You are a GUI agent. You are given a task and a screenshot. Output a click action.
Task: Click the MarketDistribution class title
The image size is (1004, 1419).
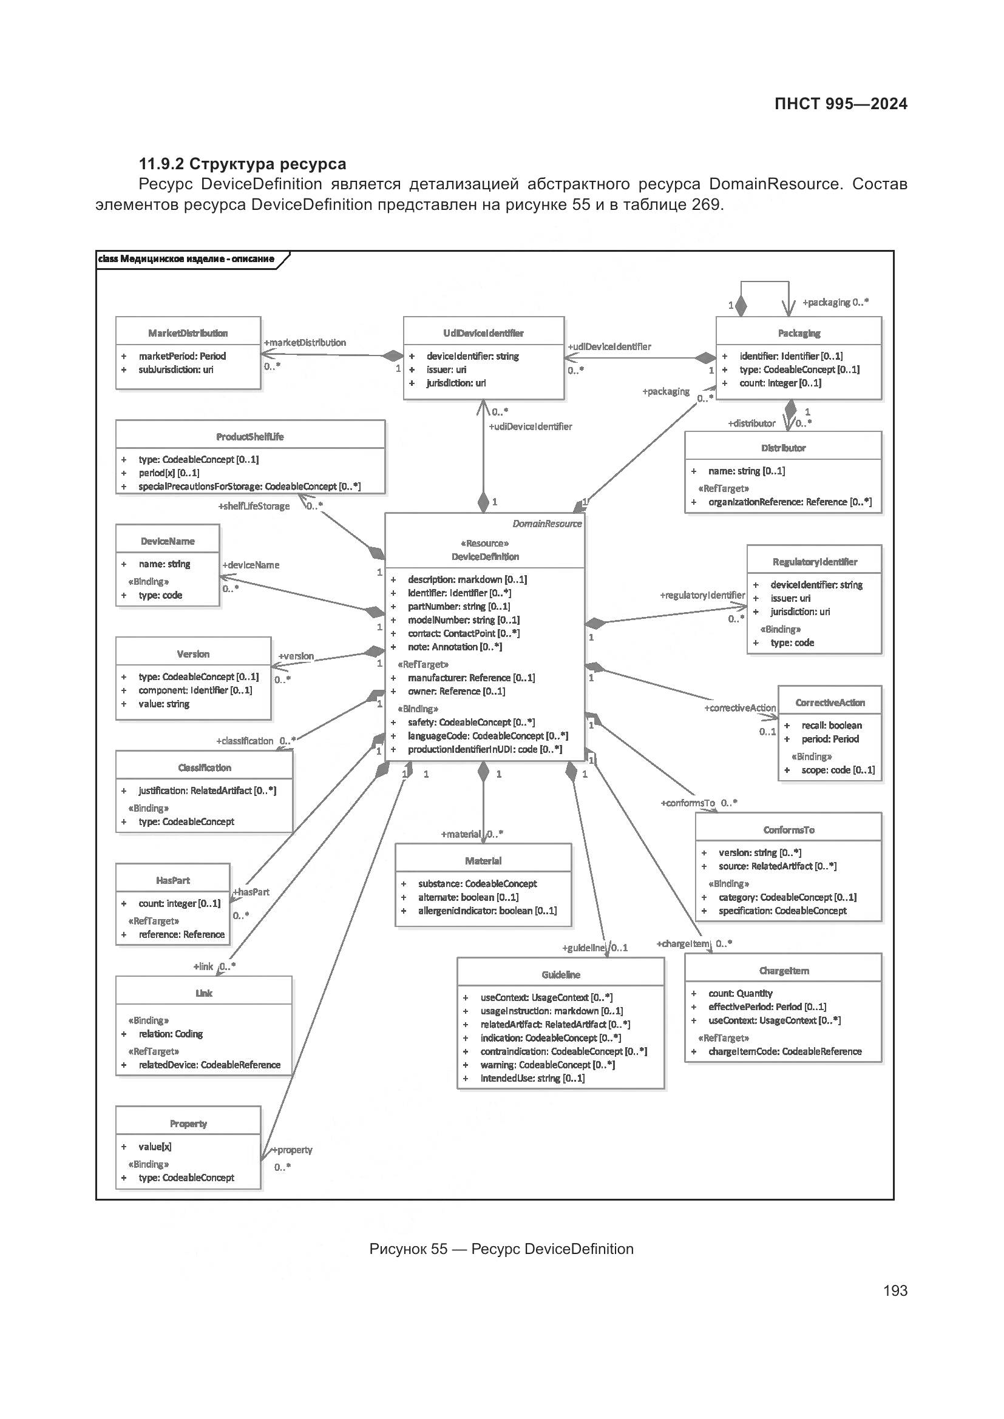188,333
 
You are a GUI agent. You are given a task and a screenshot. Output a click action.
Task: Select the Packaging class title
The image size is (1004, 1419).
799,333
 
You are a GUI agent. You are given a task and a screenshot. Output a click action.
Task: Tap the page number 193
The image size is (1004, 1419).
895,1290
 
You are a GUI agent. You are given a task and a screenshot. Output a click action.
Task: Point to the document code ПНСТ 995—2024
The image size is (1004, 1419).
840,104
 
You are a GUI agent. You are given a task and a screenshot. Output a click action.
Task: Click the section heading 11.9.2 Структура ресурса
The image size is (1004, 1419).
242,164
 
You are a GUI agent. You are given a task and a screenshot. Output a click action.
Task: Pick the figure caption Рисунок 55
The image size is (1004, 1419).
501,1249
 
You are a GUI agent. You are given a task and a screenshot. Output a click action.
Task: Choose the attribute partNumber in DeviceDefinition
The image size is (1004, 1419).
459,606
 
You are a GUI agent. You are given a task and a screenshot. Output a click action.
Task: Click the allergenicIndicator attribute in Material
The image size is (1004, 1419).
487,911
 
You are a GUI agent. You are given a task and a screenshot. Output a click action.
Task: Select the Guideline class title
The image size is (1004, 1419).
561,975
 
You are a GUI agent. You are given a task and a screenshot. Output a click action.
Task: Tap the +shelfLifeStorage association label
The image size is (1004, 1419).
254,506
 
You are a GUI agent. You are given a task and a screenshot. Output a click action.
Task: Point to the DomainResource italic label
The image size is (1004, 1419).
547,524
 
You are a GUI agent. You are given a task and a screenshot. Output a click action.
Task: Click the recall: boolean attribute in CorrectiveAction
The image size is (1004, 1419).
832,725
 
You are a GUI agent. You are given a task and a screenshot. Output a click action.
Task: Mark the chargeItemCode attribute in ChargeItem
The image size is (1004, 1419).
784,1051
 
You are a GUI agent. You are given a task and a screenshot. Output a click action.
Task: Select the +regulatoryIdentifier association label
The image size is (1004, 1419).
702,595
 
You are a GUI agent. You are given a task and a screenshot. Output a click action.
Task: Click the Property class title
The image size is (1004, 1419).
188,1124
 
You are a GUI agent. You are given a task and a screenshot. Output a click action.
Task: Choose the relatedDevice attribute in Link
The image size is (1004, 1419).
209,1065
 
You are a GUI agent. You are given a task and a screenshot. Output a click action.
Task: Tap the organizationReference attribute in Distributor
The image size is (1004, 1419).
790,502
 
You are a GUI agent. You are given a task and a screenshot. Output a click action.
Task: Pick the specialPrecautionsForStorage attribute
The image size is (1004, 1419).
249,487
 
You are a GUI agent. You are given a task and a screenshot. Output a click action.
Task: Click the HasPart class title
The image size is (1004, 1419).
172,880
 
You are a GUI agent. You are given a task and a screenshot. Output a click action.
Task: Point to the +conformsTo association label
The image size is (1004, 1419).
688,803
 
